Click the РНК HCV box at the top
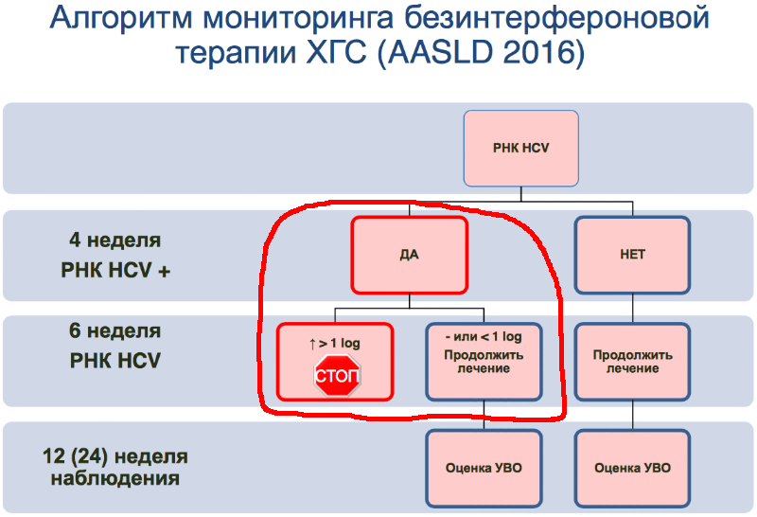point(521,148)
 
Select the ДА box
point(409,255)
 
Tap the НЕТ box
point(632,255)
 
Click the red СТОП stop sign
point(336,376)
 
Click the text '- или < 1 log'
point(483,336)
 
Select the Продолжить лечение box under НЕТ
point(632,362)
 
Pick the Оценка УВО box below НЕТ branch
point(632,468)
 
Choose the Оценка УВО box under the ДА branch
point(484,468)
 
